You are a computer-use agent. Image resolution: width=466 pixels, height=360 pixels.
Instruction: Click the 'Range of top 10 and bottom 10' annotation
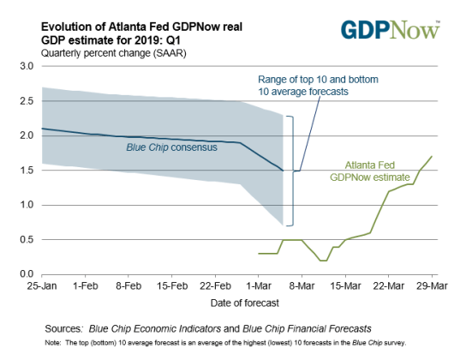318,86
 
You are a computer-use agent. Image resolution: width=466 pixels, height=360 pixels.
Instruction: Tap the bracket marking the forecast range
290,170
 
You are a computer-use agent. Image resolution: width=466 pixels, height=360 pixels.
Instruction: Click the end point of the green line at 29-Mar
432,156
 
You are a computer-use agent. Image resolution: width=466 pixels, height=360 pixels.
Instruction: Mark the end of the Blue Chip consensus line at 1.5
283,171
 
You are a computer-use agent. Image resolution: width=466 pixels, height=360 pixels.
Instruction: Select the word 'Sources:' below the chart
68,327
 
